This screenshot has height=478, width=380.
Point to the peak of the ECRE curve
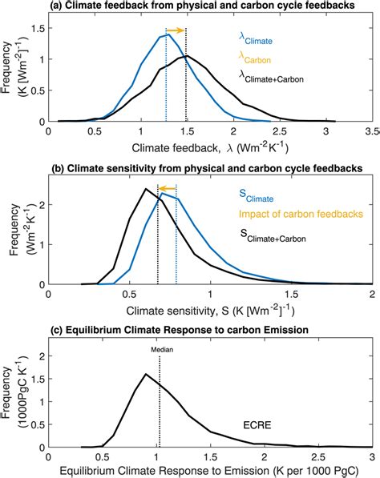[x=145, y=374]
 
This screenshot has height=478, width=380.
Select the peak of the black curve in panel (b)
[x=145, y=189]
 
